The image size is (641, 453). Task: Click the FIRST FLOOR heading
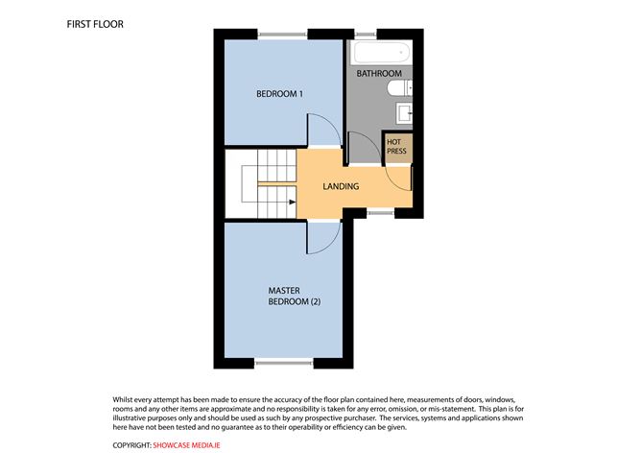(95, 24)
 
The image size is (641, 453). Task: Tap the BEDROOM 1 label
(279, 94)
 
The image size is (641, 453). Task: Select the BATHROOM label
(379, 74)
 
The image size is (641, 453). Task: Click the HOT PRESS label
(396, 147)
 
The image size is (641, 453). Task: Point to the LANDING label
(341, 186)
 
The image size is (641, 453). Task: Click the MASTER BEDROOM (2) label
(295, 296)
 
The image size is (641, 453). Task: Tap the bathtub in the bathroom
(381, 53)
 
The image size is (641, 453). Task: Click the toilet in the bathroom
(399, 88)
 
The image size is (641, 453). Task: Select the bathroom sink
(404, 113)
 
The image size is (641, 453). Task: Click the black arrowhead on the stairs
(293, 202)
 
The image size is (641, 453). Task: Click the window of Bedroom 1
(282, 35)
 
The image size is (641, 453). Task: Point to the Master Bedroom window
(284, 362)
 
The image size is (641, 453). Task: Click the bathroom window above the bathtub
(365, 35)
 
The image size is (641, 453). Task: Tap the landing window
(381, 213)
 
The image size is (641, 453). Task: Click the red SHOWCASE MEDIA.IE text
(186, 445)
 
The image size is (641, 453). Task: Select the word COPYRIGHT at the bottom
(131, 445)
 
